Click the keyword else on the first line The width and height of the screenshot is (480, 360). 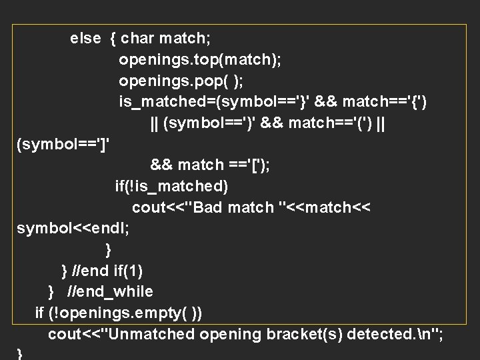85,39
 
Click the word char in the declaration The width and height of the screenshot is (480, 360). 137,39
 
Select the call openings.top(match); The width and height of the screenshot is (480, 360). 199,60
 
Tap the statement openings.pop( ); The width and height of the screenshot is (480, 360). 181,81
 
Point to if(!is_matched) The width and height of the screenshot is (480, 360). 171,186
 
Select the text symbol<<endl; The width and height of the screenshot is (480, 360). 73,229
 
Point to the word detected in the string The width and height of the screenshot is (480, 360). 376,333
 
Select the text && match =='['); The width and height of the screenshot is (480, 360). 210,165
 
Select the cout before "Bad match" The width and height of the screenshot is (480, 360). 151,207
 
